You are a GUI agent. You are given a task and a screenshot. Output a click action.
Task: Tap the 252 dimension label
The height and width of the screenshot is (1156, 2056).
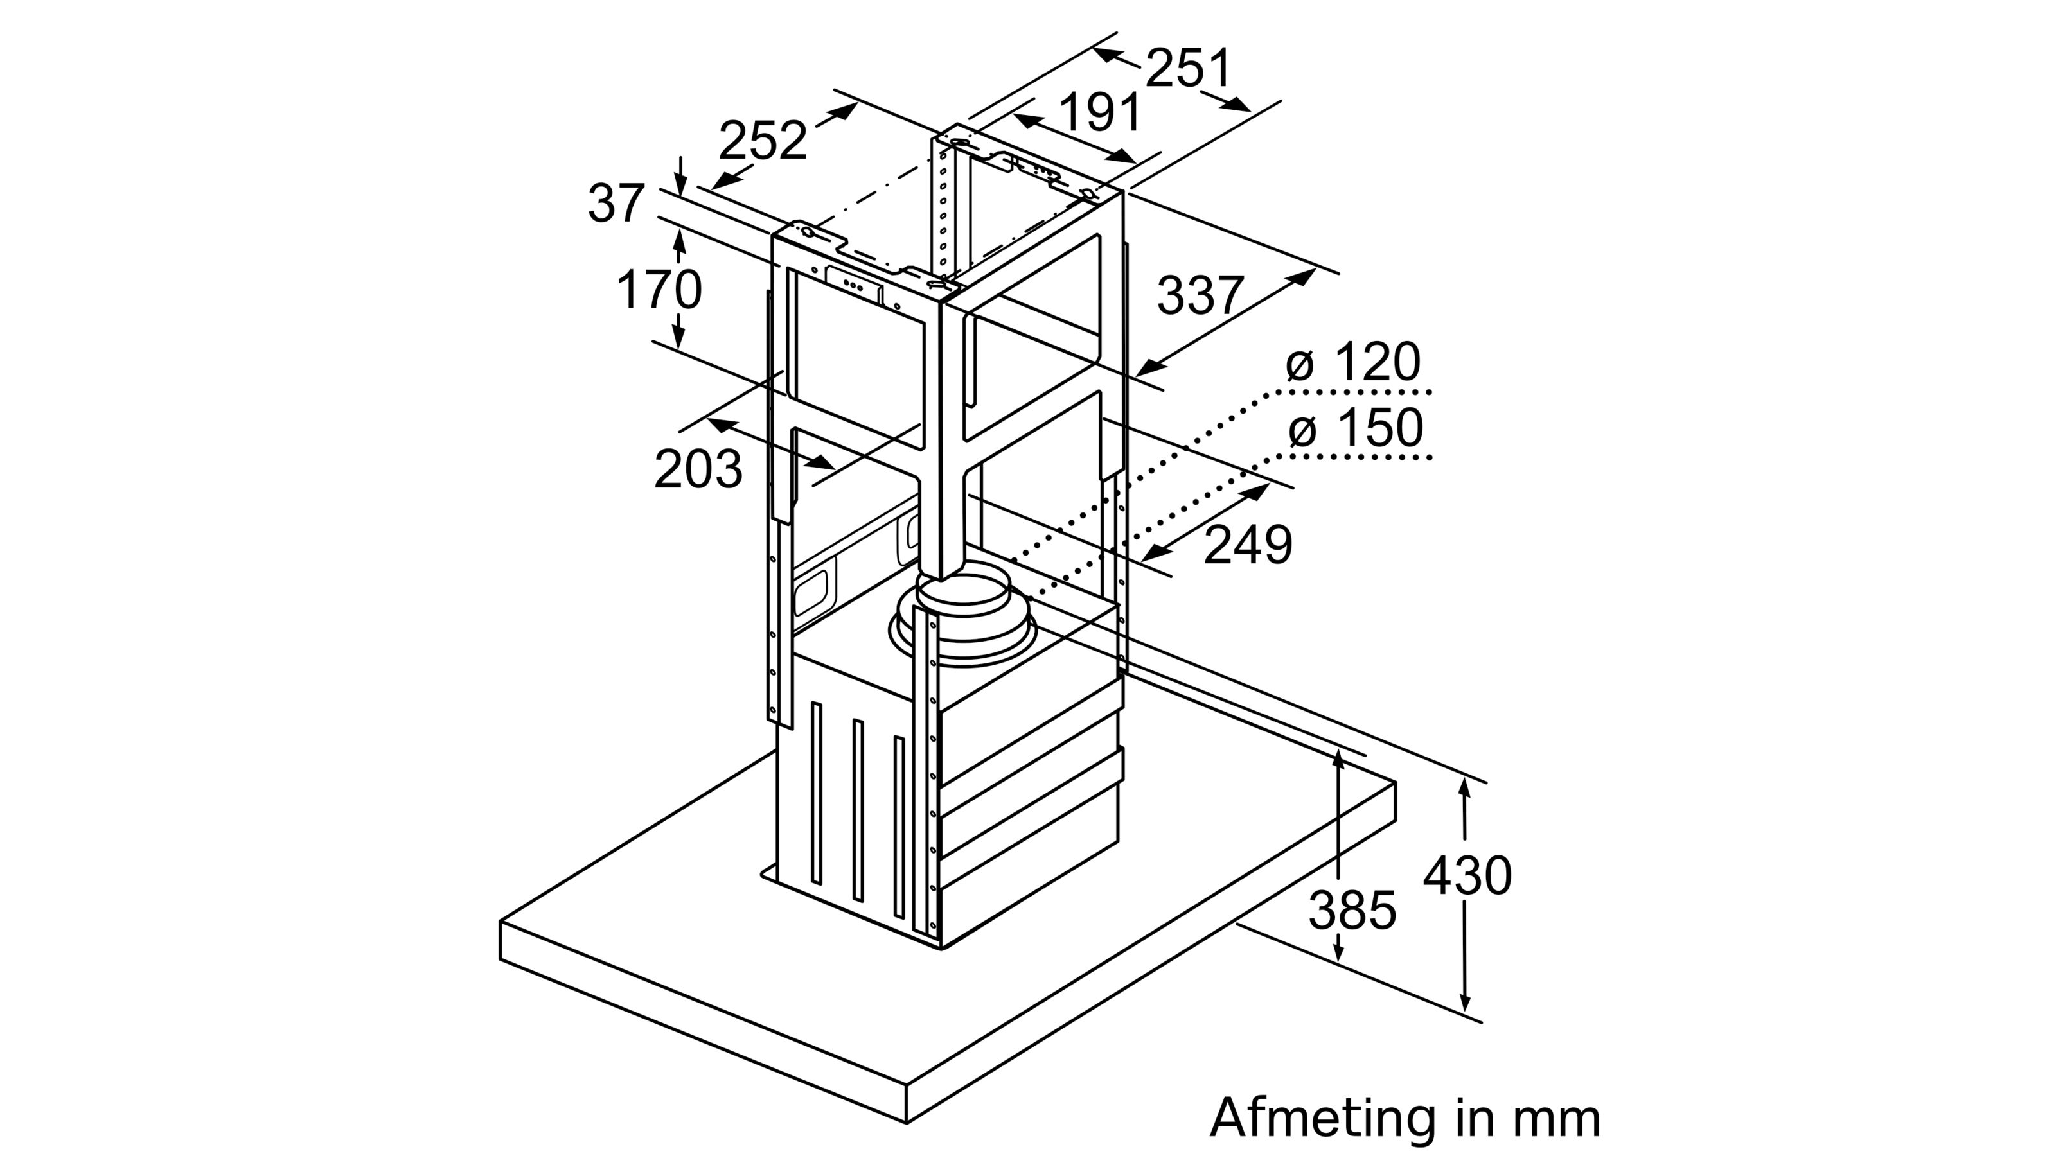point(762,141)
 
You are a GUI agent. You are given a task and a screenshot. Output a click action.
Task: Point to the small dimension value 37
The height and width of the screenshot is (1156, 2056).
point(616,204)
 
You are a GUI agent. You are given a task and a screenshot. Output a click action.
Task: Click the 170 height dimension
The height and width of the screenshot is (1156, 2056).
point(659,290)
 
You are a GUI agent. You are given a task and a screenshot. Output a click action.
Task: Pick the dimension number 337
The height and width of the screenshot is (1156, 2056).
point(1200,295)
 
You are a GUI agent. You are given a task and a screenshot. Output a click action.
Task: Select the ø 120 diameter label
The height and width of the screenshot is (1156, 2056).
point(1354,363)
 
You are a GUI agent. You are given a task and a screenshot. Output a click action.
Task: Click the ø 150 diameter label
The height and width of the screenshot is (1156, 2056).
point(1355,428)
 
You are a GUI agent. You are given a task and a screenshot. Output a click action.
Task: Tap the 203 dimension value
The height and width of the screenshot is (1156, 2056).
point(698,469)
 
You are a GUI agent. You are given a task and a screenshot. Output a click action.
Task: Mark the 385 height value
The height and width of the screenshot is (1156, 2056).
point(1352,909)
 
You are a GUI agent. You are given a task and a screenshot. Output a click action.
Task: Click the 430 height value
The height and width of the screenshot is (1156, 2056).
point(1467,876)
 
